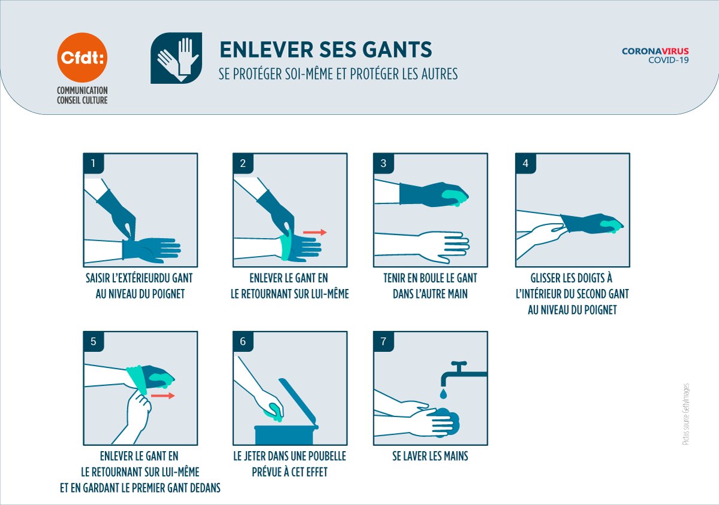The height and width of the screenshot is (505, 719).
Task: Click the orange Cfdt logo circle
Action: pos(82,57)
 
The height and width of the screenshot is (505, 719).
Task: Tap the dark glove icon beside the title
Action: pos(176,58)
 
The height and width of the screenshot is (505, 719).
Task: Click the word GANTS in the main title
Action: pos(397,50)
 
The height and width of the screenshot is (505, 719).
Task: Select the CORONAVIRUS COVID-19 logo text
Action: pos(655,56)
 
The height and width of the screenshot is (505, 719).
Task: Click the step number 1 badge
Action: pos(93,163)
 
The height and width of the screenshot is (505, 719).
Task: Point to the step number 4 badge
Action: pos(525,163)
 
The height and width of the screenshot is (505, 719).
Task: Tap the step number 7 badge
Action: pos(383,342)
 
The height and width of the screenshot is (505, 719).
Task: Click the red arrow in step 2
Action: pos(315,232)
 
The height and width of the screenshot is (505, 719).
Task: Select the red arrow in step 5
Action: pos(163,396)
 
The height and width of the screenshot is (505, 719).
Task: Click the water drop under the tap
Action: pos(443,394)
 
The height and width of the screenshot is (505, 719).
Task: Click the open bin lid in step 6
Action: pos(298,403)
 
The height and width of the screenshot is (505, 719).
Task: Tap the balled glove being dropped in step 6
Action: pos(274,412)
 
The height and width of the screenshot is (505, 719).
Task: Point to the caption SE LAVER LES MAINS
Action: pos(430,456)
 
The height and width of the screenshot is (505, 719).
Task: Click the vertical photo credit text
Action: pos(685,414)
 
